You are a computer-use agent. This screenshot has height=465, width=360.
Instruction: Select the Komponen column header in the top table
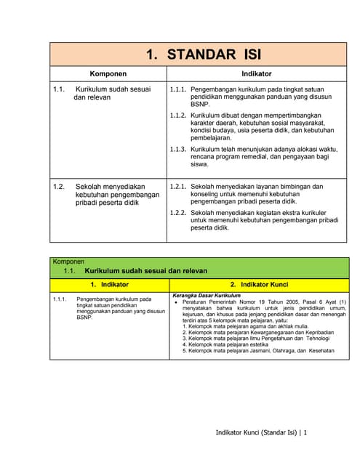point(108,74)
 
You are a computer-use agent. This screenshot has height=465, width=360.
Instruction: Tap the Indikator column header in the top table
point(257,74)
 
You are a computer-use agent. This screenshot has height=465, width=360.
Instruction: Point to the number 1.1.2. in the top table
point(178,116)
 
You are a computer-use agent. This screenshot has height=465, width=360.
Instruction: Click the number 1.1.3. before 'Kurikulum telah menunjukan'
point(178,149)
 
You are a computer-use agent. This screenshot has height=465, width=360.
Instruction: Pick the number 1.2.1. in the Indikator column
point(178,187)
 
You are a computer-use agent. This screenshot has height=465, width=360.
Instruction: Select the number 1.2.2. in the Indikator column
point(178,212)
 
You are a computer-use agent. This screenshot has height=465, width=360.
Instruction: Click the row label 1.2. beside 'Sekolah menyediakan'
point(59,187)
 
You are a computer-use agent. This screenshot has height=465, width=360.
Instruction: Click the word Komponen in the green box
point(68,262)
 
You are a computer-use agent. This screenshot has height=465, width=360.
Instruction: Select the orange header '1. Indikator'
point(109,284)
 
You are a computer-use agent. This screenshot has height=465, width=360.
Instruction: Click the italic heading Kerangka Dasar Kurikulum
point(207,296)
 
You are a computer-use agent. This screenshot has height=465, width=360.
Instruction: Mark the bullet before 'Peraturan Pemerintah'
point(177,303)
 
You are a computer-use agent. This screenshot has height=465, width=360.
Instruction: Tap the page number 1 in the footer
point(306,433)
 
